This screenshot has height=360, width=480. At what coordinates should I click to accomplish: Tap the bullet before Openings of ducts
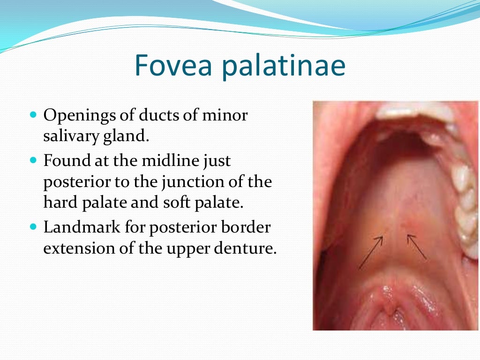pos(32,114)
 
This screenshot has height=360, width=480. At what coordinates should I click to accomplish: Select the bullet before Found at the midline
pos(32,160)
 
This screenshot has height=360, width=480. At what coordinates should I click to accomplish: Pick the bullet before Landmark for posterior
pos(32,227)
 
